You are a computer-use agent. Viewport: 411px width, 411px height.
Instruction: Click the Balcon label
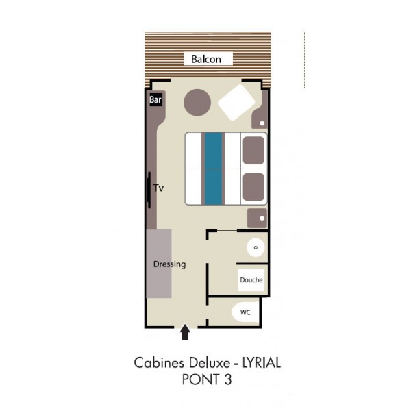pos(206,59)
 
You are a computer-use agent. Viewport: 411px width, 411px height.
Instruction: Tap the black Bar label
pos(155,99)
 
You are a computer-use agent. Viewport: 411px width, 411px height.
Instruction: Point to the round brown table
pos(197,103)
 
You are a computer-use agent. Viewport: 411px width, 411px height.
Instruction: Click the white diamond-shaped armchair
pos(236,103)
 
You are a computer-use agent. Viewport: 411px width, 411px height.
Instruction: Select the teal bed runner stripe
pos(213,169)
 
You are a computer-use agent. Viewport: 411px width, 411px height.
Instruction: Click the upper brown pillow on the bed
pos(253,150)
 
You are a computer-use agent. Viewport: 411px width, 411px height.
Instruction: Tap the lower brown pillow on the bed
pos(253,187)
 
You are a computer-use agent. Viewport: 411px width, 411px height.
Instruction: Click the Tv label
pos(159,188)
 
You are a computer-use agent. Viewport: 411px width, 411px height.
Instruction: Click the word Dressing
pos(170,264)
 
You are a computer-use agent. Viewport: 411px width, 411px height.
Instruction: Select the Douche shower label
pos(251,280)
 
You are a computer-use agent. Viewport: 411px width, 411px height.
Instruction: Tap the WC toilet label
pos(245,312)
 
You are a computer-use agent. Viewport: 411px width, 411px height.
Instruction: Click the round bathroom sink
pos(256,247)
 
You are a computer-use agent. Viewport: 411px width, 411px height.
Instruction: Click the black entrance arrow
pos(185,332)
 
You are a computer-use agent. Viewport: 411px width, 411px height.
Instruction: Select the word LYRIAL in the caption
pos(262,363)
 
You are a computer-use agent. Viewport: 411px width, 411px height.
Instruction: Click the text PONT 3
pos(207,379)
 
